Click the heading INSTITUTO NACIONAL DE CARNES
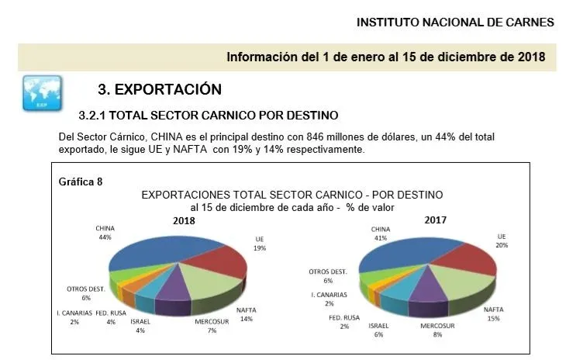click(455, 22)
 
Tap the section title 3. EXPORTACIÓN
click(160, 89)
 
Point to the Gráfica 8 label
click(81, 182)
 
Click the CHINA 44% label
click(105, 233)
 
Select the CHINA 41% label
click(381, 234)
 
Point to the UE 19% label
click(260, 242)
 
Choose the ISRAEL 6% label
click(378, 331)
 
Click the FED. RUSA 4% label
click(111, 317)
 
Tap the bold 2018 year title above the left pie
click(183, 220)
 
